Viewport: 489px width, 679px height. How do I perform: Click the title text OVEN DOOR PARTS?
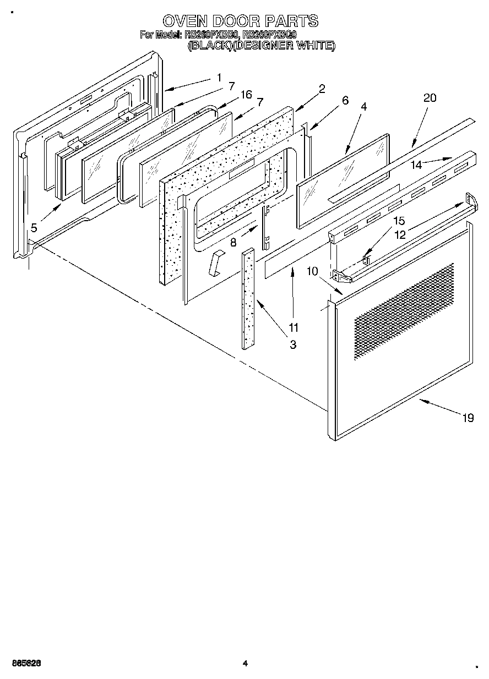tap(240, 21)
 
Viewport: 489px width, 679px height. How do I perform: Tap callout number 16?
tap(246, 95)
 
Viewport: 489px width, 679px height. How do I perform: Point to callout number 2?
tap(322, 88)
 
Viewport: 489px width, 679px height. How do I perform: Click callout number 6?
tap(345, 100)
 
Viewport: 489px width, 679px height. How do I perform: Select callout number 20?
tap(430, 98)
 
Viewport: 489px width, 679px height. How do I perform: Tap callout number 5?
tap(34, 228)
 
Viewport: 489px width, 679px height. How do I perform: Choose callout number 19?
tap(468, 418)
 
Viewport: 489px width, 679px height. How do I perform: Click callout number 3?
tap(293, 345)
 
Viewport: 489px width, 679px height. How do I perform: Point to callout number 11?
tap(294, 327)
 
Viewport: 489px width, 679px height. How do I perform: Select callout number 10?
tap(312, 271)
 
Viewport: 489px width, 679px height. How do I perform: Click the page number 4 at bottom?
tap(244, 664)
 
